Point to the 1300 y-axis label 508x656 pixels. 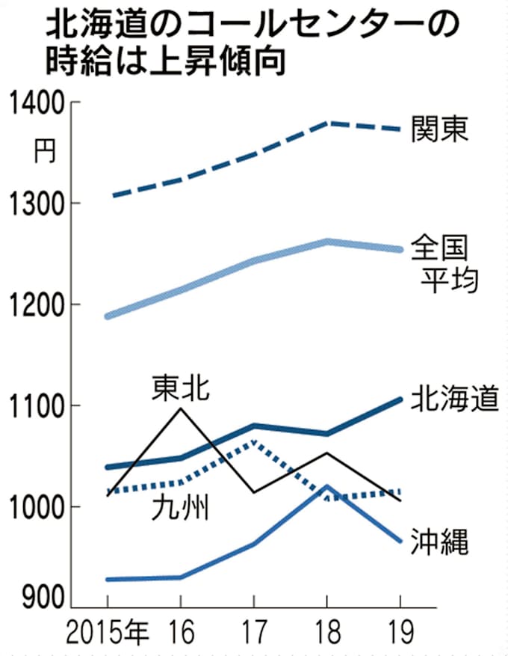click(34, 203)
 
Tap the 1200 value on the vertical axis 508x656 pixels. click(34, 305)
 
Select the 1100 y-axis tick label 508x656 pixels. click(34, 406)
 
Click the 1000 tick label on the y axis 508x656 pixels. click(34, 507)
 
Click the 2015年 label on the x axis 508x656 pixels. click(107, 633)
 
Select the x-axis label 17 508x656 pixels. click(254, 633)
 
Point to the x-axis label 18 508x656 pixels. click(327, 633)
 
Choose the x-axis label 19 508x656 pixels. click(400, 633)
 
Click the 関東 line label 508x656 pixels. click(439, 129)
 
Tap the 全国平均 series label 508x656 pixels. click(445, 263)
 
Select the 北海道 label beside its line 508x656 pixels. click(453, 399)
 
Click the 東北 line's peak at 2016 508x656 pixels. click(180, 408)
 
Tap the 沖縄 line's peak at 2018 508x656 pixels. click(327, 486)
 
